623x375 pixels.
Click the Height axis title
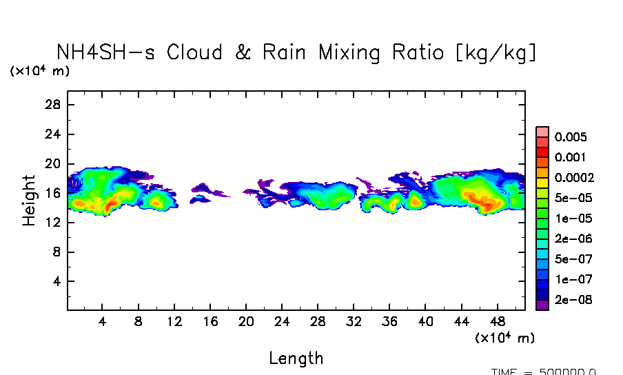pos(29,201)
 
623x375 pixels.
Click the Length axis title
pos(296,358)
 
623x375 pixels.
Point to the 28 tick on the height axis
pos(54,105)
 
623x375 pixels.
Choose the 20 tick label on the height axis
pos(54,164)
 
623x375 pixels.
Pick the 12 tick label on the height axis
pos(54,223)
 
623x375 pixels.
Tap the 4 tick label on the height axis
pos(57,282)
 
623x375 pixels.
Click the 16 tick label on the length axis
pos(210,322)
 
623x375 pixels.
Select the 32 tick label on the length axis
pos(354,322)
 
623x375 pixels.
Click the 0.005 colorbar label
pos(571,137)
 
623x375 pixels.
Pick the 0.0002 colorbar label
pos(574,178)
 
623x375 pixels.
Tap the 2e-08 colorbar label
pos(571,300)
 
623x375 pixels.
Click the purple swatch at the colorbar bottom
pos(542,305)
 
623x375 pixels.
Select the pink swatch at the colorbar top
pos(542,132)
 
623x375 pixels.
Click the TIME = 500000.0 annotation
pos(544,372)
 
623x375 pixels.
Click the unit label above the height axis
pos(39,71)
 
